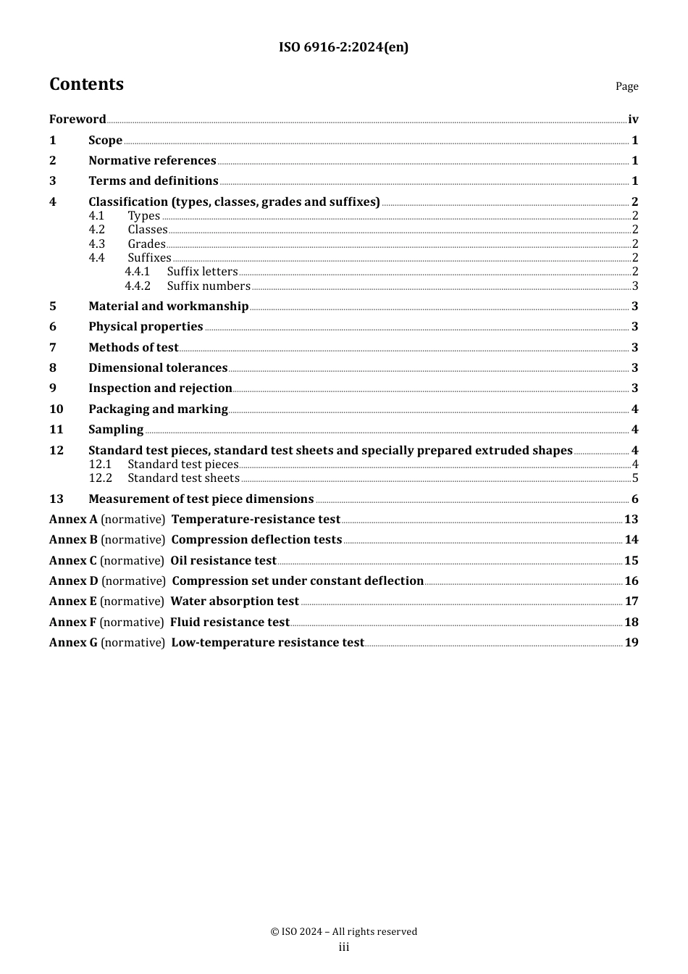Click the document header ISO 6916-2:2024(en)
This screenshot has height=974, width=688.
[x=343, y=47]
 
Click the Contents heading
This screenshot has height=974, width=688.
[x=86, y=84]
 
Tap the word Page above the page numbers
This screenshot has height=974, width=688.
[x=626, y=86]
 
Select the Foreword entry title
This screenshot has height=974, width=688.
[x=77, y=119]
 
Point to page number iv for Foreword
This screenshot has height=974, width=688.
[x=633, y=119]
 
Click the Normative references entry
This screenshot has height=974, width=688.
[x=152, y=160]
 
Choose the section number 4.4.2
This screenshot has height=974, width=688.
[x=138, y=286]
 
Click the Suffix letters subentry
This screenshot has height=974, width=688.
[x=202, y=271]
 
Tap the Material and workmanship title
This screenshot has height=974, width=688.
[x=168, y=306]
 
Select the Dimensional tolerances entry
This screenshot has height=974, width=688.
[x=158, y=367]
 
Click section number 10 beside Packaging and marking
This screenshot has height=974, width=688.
[x=56, y=409]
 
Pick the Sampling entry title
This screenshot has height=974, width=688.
[x=116, y=429]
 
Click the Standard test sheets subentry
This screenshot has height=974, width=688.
[x=183, y=478]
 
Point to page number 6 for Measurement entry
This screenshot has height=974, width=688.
[x=635, y=499]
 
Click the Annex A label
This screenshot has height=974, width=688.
[x=73, y=519]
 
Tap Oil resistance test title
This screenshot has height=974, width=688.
[x=223, y=560]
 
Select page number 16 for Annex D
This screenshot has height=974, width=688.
[x=632, y=580]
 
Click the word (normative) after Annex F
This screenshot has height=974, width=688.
[x=132, y=622]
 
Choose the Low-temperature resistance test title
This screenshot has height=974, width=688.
[x=267, y=642]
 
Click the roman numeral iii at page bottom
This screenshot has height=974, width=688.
[x=344, y=947]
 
